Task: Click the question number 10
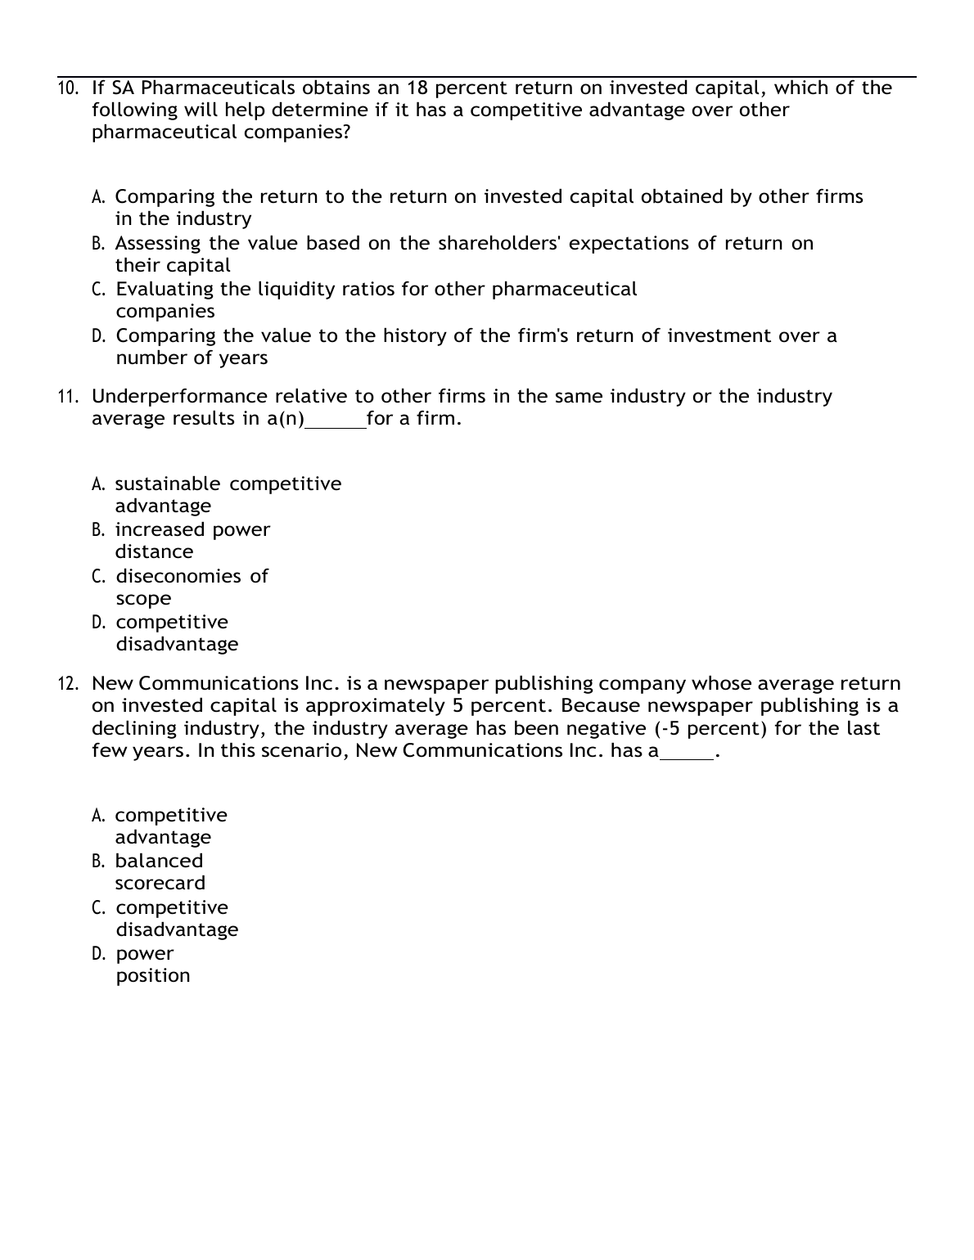pyautogui.click(x=68, y=88)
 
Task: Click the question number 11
pyautogui.click(x=68, y=397)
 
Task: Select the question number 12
pyautogui.click(x=68, y=684)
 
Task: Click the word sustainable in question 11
pyautogui.click(x=168, y=484)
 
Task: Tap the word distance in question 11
pyautogui.click(x=154, y=552)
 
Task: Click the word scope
pyautogui.click(x=143, y=599)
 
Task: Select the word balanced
pyautogui.click(x=159, y=862)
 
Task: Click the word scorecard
pyautogui.click(x=160, y=884)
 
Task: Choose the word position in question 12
pyautogui.click(x=153, y=976)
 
